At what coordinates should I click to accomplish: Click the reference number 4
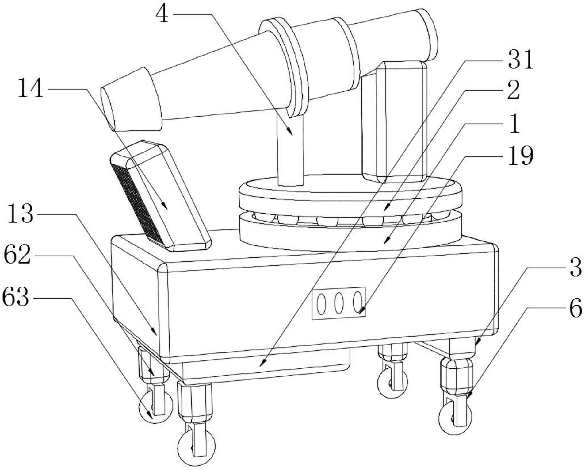click(x=162, y=14)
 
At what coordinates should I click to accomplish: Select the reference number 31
click(x=521, y=60)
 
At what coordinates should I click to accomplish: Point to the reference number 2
click(x=514, y=91)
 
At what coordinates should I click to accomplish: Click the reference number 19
click(x=521, y=156)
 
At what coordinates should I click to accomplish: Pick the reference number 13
click(x=20, y=214)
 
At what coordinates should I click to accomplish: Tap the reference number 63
click(x=16, y=297)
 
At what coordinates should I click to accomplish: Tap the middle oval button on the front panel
click(x=338, y=303)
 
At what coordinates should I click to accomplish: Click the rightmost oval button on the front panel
click(x=357, y=302)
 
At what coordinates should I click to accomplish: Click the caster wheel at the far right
click(x=455, y=417)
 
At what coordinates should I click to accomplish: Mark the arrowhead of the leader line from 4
click(x=291, y=133)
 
